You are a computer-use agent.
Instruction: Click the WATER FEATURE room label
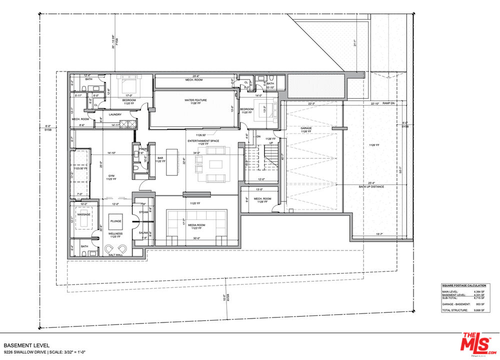pos(195,100)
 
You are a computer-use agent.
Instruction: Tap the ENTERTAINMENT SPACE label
pos(203,141)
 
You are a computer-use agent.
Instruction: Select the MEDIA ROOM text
pos(196,225)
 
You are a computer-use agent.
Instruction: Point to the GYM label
pos(111,176)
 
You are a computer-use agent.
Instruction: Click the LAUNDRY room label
pos(116,114)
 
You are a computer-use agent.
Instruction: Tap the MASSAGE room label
pos(84,214)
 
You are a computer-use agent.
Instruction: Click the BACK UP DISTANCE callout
pos(371,186)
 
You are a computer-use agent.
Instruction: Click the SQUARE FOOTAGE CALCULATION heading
pos(462,285)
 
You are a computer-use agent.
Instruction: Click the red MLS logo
pos(475,343)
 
